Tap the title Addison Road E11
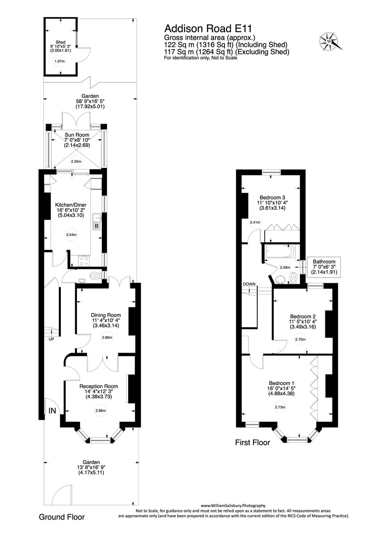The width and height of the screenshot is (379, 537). click(x=198, y=29)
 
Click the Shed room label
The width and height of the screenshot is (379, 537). click(x=60, y=43)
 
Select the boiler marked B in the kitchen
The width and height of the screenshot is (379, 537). click(x=96, y=226)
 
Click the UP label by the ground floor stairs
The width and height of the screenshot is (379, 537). click(x=51, y=340)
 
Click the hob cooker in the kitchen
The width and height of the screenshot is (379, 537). click(x=84, y=260)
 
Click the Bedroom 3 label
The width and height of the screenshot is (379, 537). click(x=272, y=197)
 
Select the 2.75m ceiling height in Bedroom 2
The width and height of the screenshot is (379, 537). click(x=300, y=340)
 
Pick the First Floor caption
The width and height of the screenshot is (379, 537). click(x=253, y=443)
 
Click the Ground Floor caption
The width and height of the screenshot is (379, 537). click(x=62, y=517)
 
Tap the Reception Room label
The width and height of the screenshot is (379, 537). click(x=98, y=386)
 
